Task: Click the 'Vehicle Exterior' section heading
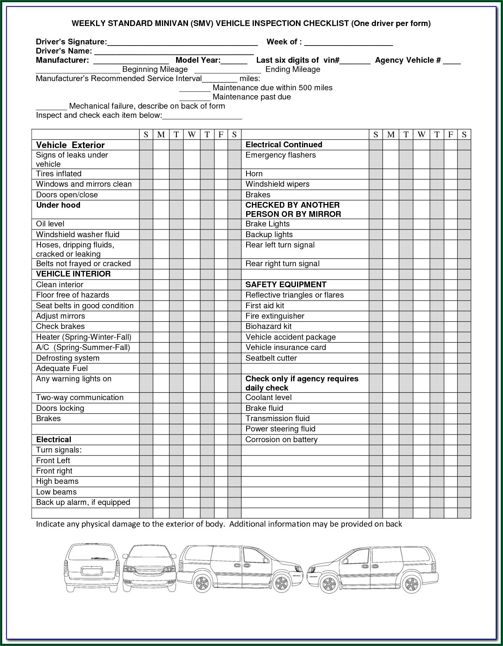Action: point(70,145)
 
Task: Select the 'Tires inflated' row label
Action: point(59,174)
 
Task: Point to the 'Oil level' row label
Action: point(50,224)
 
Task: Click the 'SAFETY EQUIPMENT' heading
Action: point(286,285)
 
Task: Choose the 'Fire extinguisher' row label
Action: point(275,316)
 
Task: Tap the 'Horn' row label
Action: point(254,174)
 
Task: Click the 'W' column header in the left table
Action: point(192,135)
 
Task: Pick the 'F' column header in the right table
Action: point(451,135)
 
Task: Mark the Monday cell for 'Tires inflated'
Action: point(161,174)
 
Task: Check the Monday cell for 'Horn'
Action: point(390,174)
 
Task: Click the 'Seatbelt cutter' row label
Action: point(271,358)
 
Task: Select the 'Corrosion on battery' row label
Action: point(281,439)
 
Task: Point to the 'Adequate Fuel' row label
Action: point(62,368)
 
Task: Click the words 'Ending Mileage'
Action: point(292,70)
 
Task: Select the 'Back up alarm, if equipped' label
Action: point(83,502)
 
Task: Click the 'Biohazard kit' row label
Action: point(268,326)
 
